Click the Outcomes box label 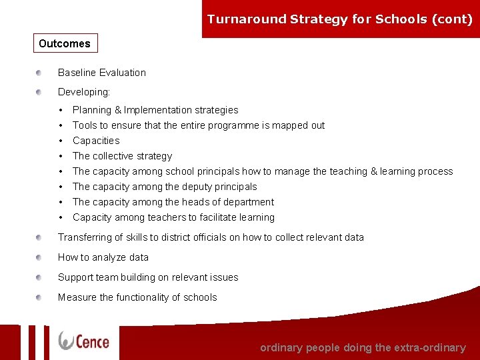pos(65,44)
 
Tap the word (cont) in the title pos(452,19)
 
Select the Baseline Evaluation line pos(102,73)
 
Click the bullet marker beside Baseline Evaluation pos(40,73)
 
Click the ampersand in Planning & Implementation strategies pos(118,110)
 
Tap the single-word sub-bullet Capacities pos(96,141)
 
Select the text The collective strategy pos(122,156)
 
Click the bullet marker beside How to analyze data pos(40,257)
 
